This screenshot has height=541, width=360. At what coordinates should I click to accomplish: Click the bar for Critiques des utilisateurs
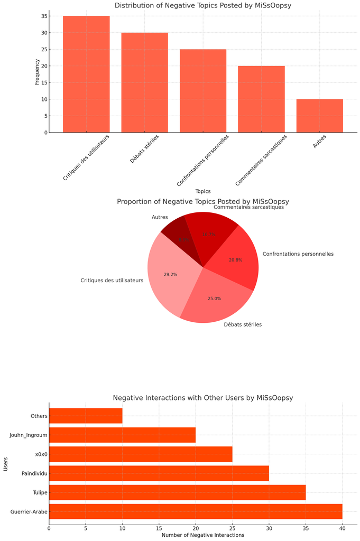click(x=86, y=74)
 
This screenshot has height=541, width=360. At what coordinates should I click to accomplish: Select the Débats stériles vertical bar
click(x=144, y=82)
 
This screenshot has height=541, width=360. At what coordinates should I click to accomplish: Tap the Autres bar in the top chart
click(x=319, y=116)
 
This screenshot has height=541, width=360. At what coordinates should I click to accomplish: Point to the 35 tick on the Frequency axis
click(x=44, y=16)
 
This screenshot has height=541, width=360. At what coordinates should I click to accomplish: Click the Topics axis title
click(x=203, y=191)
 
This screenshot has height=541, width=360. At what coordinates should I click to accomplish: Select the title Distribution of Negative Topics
click(x=203, y=6)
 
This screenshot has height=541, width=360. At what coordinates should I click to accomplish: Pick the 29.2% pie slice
click(x=167, y=275)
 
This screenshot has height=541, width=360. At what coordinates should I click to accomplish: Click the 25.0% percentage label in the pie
click(x=214, y=299)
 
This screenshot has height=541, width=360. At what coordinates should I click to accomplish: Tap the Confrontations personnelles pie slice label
click(x=298, y=254)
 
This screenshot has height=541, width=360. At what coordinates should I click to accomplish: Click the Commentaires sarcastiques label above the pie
click(x=248, y=207)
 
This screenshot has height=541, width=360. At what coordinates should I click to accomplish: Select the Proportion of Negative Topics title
click(x=203, y=202)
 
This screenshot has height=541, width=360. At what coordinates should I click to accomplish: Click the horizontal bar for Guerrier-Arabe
click(x=196, y=511)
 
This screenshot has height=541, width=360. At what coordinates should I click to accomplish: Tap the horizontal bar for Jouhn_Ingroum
click(x=122, y=435)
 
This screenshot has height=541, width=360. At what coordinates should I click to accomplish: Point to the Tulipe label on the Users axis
click(x=39, y=492)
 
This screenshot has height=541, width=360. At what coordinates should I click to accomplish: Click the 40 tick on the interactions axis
click(x=342, y=527)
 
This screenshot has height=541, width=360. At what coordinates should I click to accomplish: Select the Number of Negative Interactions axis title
click(x=203, y=535)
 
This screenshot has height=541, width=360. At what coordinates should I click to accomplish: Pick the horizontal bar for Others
click(x=86, y=416)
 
